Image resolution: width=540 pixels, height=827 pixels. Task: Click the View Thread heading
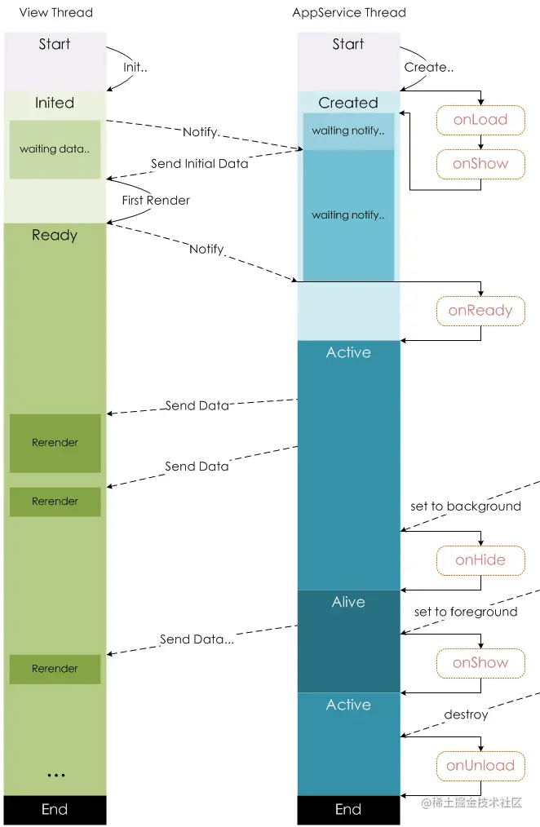[55, 12]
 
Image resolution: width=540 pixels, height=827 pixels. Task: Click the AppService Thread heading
[348, 12]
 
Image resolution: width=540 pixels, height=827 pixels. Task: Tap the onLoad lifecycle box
[480, 119]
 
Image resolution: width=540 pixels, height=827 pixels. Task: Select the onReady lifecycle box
[480, 310]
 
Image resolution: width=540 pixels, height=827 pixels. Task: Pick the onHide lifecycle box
[480, 559]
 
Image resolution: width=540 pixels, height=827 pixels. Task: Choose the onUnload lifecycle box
[480, 765]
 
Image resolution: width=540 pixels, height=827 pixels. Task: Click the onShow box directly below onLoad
[480, 163]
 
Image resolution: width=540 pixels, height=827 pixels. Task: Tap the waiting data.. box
[55, 149]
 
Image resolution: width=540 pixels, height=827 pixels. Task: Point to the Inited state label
[55, 103]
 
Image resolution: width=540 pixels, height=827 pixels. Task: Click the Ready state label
[55, 235]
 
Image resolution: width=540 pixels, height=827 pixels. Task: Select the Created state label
[348, 103]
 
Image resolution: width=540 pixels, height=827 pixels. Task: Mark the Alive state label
[348, 602]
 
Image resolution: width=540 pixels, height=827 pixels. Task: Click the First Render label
[156, 200]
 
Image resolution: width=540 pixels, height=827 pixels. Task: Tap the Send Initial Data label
[200, 163]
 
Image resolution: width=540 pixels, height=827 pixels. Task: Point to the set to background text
[465, 506]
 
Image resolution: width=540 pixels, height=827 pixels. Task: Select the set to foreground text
[465, 612]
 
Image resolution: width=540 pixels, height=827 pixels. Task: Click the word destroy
[466, 714]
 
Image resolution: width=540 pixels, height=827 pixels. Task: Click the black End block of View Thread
[55, 809]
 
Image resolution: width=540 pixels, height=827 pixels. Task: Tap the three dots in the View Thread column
[55, 775]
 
